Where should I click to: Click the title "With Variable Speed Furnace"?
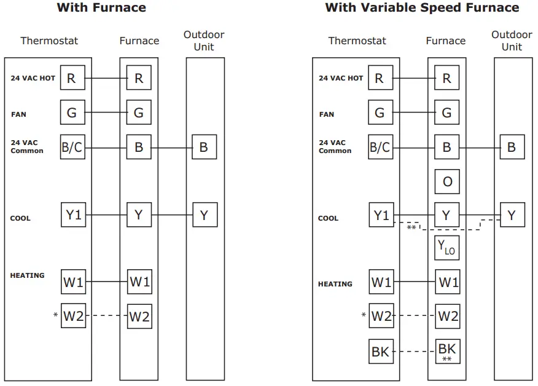[x=422, y=8]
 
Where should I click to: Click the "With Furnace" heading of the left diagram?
[x=101, y=8]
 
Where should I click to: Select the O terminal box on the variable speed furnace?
[x=446, y=182]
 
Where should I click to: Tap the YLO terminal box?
[x=446, y=247]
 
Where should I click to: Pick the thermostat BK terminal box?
[x=381, y=352]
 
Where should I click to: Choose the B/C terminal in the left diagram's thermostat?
[x=72, y=148]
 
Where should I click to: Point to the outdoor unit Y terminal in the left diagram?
[x=205, y=215]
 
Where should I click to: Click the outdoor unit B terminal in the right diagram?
[x=512, y=148]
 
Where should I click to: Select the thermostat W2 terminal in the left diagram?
[x=73, y=316]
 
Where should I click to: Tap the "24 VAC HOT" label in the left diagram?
[x=33, y=79]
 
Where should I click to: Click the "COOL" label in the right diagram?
[x=329, y=218]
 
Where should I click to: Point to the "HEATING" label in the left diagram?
[x=27, y=275]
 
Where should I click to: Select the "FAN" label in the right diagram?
[x=327, y=114]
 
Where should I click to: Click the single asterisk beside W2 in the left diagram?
[x=56, y=316]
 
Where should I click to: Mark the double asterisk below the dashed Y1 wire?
[x=411, y=228]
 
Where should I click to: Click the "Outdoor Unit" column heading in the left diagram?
[x=204, y=41]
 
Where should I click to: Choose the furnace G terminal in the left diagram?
[x=139, y=113]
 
